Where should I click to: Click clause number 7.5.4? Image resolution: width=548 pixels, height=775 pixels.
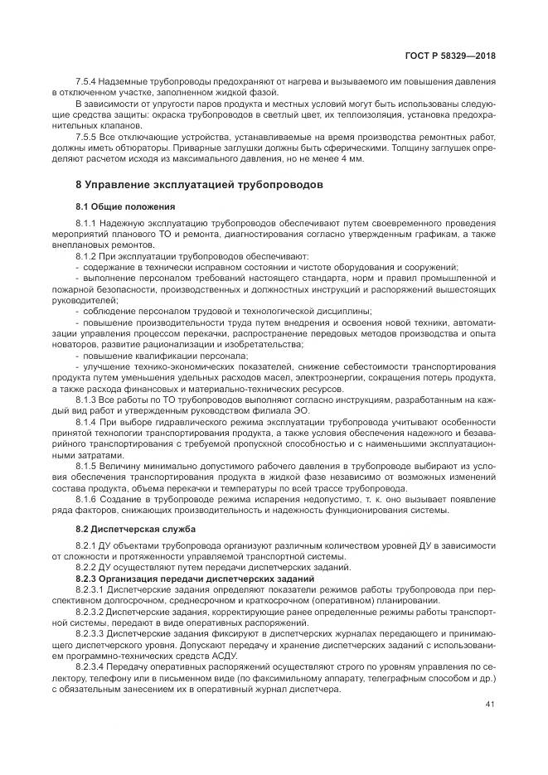(87, 83)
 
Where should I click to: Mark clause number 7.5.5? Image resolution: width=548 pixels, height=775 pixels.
(87, 136)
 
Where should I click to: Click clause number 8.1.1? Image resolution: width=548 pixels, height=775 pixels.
(87, 223)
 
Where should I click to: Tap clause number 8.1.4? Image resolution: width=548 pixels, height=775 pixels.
(87, 421)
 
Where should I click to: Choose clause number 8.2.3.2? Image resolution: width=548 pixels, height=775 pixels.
(91, 611)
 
